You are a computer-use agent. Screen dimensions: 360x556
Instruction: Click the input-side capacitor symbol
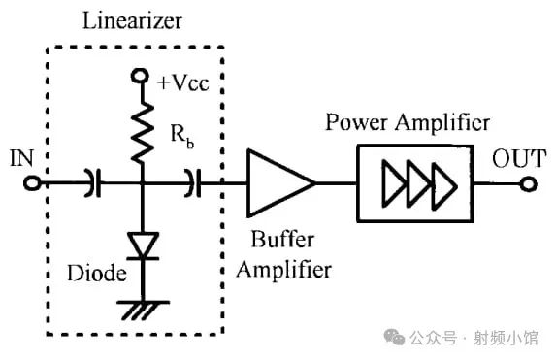(x=92, y=181)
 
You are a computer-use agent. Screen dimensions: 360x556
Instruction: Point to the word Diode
(x=95, y=274)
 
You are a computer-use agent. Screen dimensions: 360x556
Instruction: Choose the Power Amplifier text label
(x=408, y=124)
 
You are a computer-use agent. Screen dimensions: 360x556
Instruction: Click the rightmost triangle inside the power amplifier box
(x=444, y=181)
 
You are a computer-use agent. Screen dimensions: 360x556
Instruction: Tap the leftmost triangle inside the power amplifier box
(x=394, y=181)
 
